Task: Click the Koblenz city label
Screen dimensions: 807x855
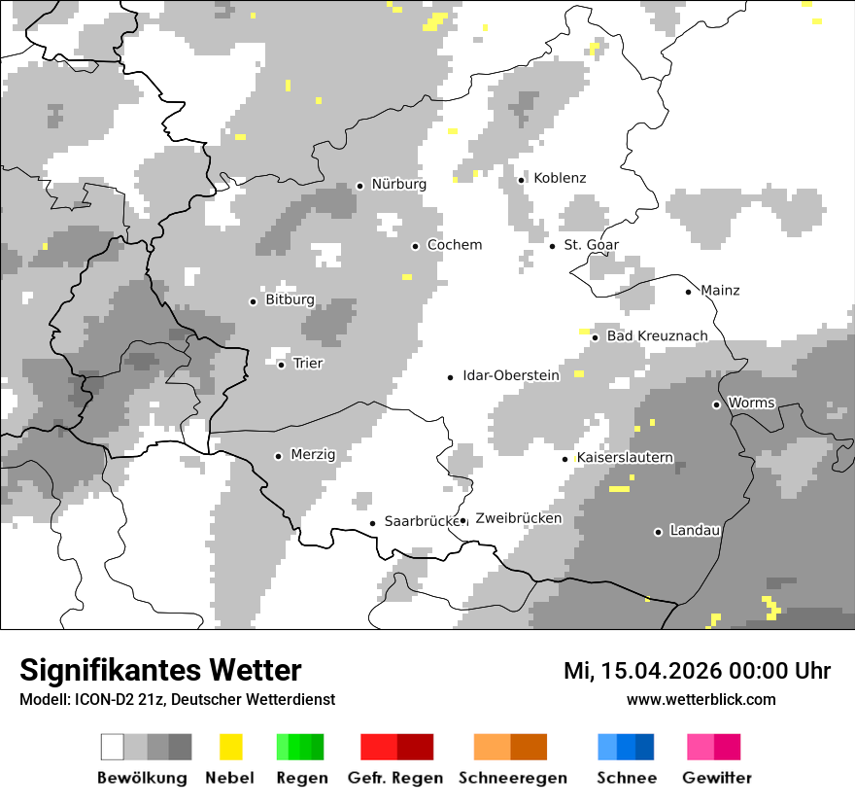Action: [x=560, y=178]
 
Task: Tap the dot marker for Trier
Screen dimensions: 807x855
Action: [x=281, y=365]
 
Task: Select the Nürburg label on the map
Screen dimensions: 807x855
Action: [x=398, y=184]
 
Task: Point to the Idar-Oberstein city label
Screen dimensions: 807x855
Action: [x=511, y=375]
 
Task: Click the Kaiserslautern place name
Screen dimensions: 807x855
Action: [x=625, y=458]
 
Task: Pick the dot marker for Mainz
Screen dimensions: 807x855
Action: [x=688, y=292]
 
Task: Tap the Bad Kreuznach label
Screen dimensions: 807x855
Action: [x=657, y=336]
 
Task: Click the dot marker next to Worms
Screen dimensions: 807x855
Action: [x=716, y=404]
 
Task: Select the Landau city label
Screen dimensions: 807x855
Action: [x=695, y=531]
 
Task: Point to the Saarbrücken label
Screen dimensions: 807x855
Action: [x=421, y=521]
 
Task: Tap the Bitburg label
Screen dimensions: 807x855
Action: [x=290, y=300]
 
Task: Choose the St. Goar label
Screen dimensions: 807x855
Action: [x=591, y=245]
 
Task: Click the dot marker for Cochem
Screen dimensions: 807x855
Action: [x=415, y=246]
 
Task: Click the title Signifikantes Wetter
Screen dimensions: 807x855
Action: [x=160, y=670]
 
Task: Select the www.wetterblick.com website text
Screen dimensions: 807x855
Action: [x=701, y=699]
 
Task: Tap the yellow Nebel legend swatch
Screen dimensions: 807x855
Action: [x=230, y=747]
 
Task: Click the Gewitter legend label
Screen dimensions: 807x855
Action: [x=716, y=778]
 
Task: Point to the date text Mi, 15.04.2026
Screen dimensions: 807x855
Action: [x=645, y=671]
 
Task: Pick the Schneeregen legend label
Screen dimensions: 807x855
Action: [x=513, y=778]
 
